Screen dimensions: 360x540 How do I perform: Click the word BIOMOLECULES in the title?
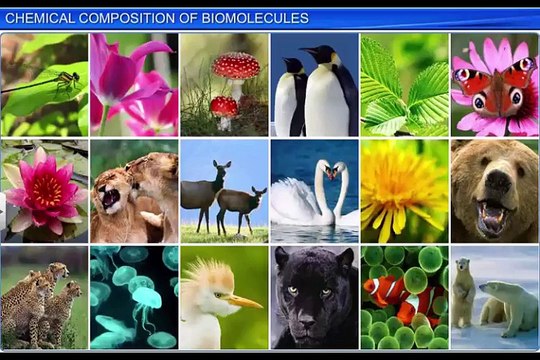point(259,18)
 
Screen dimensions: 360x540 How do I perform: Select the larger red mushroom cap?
point(236,66)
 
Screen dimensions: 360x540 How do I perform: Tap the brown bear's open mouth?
point(492,215)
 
